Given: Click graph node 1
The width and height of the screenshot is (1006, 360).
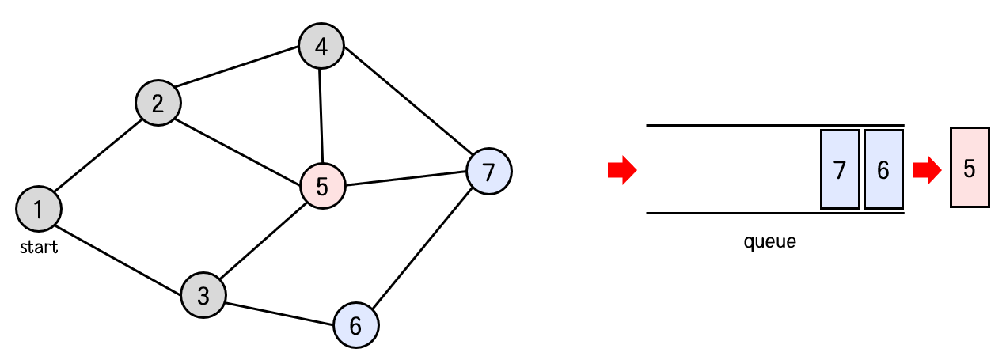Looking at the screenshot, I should point(39,209).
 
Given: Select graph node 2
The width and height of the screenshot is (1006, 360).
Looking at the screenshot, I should point(158,104).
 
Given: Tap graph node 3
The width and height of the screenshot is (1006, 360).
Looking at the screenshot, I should point(203,296).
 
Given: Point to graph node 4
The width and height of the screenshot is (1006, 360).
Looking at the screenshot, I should point(321,47).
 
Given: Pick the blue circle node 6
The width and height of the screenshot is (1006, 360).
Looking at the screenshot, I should point(355,325).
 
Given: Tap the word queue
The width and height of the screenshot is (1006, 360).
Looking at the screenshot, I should point(769,241).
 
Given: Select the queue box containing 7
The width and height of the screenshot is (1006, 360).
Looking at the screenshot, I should point(840,169).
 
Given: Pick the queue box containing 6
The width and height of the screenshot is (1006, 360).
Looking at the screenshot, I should point(883,169).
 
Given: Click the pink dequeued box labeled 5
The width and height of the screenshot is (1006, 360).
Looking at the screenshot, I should point(970,168).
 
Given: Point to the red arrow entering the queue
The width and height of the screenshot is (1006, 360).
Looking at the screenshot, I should point(622,170).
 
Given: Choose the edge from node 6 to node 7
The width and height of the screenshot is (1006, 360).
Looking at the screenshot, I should point(423,247).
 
